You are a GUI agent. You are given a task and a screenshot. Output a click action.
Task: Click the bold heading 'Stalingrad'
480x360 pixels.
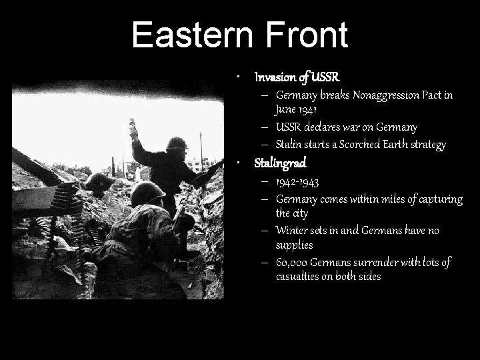280,162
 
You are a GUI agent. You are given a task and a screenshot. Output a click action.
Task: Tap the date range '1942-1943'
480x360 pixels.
297,181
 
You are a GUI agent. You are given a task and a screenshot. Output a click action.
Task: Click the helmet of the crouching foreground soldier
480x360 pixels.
147,193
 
